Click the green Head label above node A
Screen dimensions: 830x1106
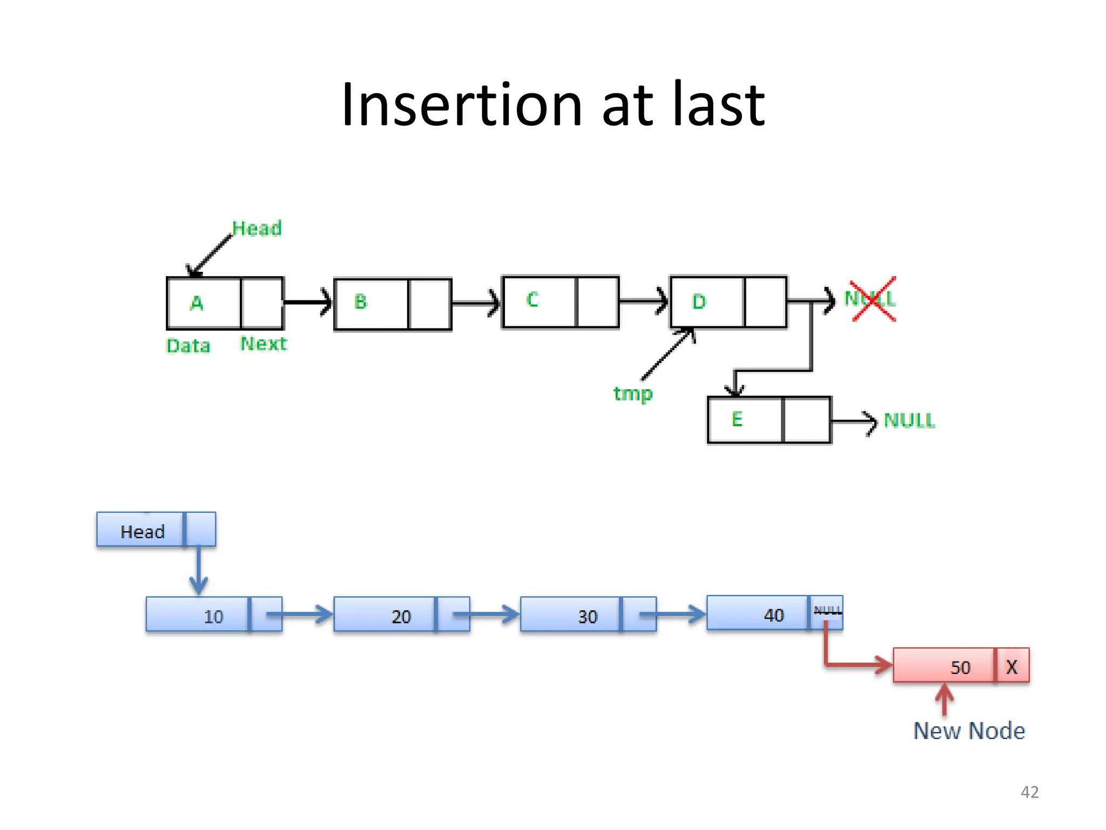[x=257, y=229]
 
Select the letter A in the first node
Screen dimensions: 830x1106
[x=197, y=303]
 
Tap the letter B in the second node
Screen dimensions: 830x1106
[x=361, y=302]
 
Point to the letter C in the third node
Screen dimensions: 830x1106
[x=532, y=299]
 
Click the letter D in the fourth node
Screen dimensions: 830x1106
[x=699, y=302]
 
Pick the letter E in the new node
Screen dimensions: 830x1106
[x=737, y=419]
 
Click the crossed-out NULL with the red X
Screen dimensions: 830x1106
[x=871, y=299]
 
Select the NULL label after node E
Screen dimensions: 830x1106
[x=909, y=420]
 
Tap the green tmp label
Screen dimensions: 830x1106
[x=633, y=393]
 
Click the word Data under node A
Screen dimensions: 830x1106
[x=188, y=346]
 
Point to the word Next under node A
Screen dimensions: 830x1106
[x=264, y=344]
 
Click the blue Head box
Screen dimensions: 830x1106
[x=143, y=532]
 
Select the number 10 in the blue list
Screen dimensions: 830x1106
[x=213, y=617]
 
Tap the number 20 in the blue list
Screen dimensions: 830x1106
[x=401, y=617]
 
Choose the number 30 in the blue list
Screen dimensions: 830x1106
[x=588, y=617]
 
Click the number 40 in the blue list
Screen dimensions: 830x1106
[x=774, y=615]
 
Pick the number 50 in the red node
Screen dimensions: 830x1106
[x=960, y=667]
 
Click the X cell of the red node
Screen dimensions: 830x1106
[x=1012, y=667]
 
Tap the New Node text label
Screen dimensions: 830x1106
[x=969, y=731]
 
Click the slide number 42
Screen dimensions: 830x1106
[x=1029, y=792]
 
